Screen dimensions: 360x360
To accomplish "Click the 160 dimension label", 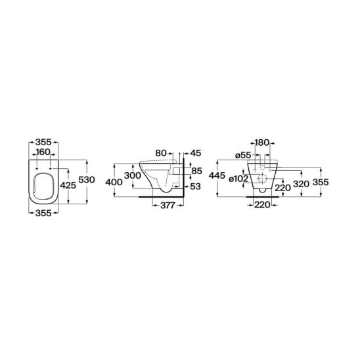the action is [x=43, y=152].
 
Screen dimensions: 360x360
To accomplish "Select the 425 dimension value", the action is [x=68, y=185].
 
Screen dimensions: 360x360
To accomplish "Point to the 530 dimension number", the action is [x=87, y=179].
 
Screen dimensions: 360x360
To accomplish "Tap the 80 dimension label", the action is [x=161, y=153].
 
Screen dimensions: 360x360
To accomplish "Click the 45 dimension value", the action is [x=196, y=153].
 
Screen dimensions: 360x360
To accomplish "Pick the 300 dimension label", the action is [x=133, y=175].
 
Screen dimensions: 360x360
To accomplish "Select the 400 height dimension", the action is [x=114, y=182].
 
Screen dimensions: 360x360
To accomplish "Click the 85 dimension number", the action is [x=197, y=171].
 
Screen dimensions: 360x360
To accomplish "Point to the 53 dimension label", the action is [x=196, y=187].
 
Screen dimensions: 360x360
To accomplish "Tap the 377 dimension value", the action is [x=168, y=205].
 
